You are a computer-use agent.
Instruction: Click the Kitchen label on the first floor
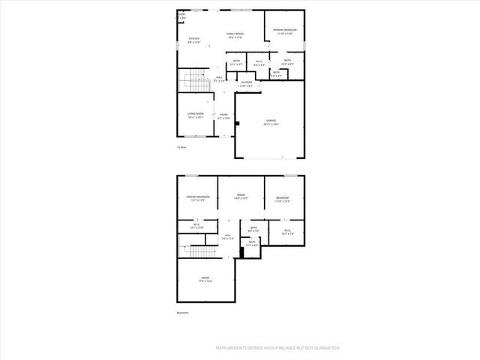point(193,40)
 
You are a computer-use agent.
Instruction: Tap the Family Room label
point(235,35)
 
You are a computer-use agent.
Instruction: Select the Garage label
point(271,122)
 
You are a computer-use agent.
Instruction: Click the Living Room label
point(195,115)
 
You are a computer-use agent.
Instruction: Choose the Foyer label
point(223,115)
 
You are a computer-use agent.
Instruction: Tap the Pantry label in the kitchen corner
point(181,15)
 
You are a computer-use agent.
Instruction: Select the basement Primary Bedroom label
point(198,198)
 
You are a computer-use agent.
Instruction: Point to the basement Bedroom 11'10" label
point(282,199)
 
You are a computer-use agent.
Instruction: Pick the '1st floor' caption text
point(181,147)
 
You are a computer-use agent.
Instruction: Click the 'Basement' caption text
point(183,313)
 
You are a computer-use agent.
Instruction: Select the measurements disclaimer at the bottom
point(277,348)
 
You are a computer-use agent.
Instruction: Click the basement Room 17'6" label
point(205,280)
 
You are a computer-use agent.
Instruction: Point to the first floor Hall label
point(220,78)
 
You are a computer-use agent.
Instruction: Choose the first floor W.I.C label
point(259,63)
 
